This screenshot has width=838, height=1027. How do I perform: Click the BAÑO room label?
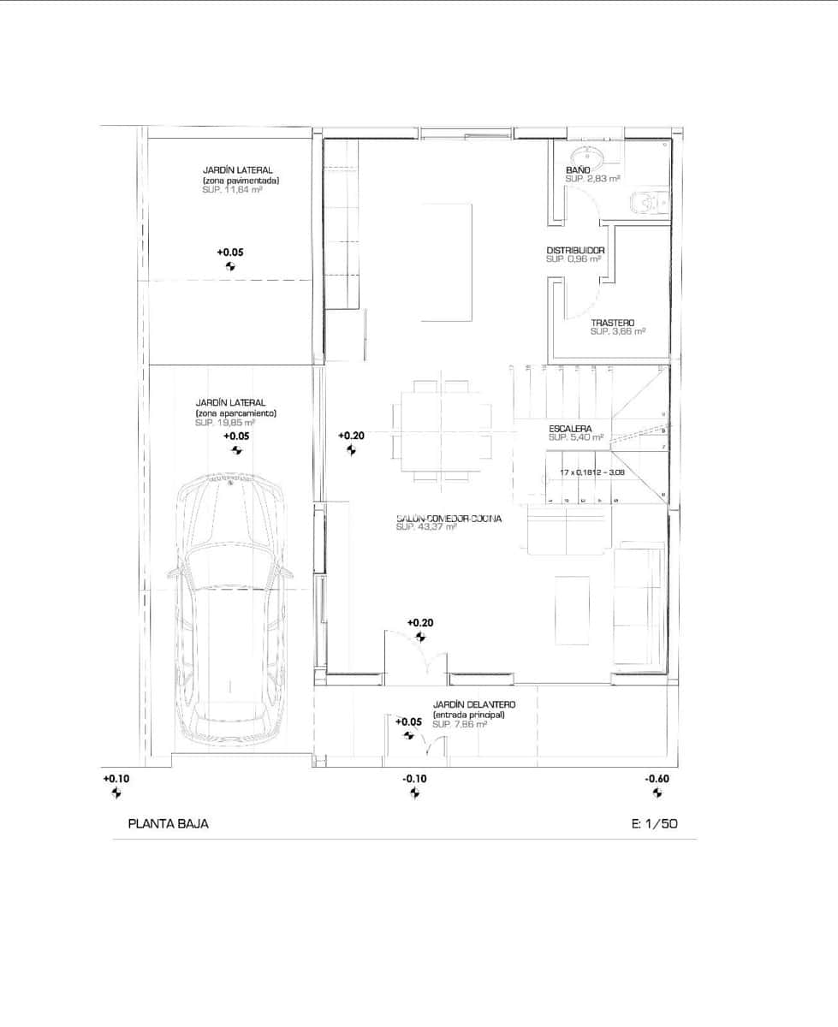577,171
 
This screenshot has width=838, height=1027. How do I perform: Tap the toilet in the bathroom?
643,203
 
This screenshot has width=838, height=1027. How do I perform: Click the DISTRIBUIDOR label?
575,251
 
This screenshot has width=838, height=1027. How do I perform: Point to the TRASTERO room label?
612,323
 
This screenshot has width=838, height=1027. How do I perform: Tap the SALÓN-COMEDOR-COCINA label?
449,519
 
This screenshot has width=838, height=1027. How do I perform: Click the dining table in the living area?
442,427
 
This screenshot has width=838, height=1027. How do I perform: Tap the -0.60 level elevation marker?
657,779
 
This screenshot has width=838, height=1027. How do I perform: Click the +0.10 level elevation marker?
116,779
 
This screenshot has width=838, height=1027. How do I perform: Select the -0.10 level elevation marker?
414,779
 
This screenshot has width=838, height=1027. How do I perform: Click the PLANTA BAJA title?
168,824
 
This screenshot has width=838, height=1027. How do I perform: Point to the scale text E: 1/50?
654,824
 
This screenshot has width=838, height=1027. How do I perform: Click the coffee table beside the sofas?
572,609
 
